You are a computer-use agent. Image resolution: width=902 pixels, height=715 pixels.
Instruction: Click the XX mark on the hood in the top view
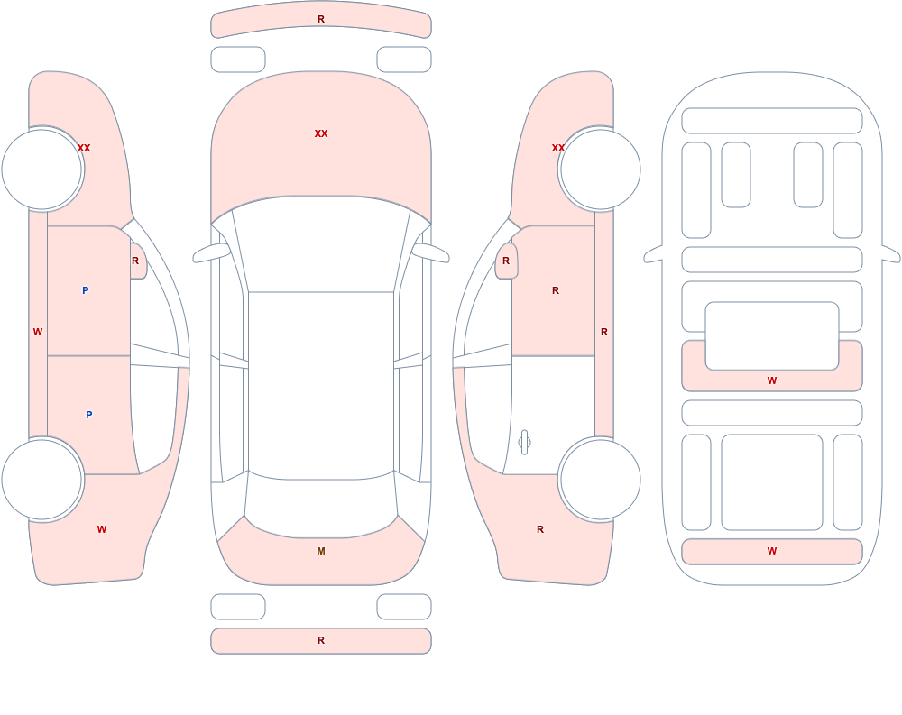tap(321, 133)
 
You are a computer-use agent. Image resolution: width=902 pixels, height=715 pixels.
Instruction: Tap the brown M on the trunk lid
tap(321, 551)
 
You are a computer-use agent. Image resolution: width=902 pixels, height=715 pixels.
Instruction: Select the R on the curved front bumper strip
tap(321, 19)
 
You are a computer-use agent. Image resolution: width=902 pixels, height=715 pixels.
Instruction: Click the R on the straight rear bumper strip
tap(321, 640)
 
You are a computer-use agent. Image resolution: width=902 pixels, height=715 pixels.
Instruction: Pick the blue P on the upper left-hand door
tap(85, 290)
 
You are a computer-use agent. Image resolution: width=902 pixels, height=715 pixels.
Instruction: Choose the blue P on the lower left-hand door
tap(88, 415)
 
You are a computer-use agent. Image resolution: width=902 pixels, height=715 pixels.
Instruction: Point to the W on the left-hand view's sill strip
tap(38, 332)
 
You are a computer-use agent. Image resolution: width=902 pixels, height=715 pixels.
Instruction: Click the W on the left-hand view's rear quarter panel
tap(102, 529)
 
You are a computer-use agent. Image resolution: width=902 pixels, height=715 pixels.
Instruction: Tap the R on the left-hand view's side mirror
tap(135, 261)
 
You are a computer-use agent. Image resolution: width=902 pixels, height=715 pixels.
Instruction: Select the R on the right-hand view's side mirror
tap(506, 261)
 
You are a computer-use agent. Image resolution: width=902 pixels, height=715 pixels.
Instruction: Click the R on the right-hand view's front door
tap(556, 290)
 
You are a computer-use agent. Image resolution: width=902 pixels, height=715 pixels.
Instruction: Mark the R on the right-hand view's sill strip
tap(604, 332)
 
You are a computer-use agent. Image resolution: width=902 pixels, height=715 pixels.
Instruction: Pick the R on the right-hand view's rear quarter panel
tap(540, 529)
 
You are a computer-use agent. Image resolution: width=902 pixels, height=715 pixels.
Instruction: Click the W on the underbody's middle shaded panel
tap(772, 380)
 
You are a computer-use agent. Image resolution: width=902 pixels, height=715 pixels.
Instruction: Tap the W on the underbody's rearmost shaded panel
tap(772, 551)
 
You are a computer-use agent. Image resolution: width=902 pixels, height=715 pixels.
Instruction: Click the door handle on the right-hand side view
tap(524, 442)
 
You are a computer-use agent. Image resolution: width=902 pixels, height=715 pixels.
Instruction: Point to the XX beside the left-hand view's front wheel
tap(84, 148)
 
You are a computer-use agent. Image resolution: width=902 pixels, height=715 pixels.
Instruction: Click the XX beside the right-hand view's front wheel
tap(558, 148)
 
